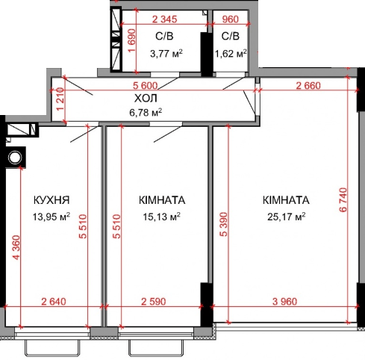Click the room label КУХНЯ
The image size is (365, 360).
[x=52, y=200]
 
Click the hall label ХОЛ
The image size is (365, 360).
[x=146, y=99]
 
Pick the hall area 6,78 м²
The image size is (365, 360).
[x=146, y=114]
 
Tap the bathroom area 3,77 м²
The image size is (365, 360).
[x=166, y=53]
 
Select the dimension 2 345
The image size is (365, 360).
[x=169, y=20]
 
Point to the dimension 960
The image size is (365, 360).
[x=231, y=20]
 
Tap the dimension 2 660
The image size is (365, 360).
[x=308, y=85]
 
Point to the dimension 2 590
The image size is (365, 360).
[x=156, y=302]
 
